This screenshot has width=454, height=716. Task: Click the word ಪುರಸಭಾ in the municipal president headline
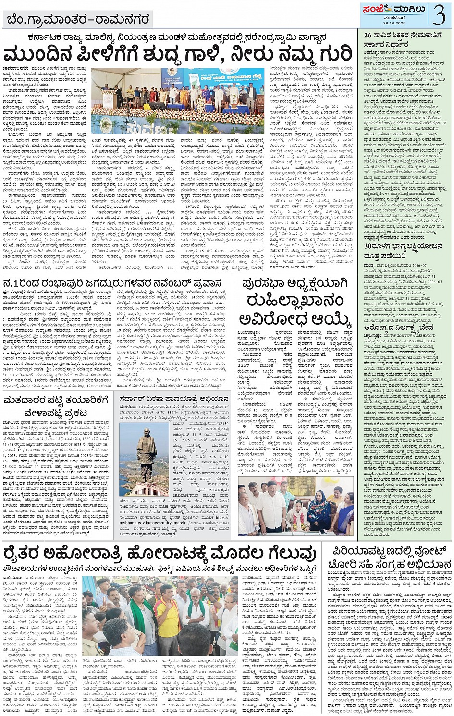pos(265,283)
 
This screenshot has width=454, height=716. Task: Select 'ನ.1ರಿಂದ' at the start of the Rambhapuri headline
pos(21,283)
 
